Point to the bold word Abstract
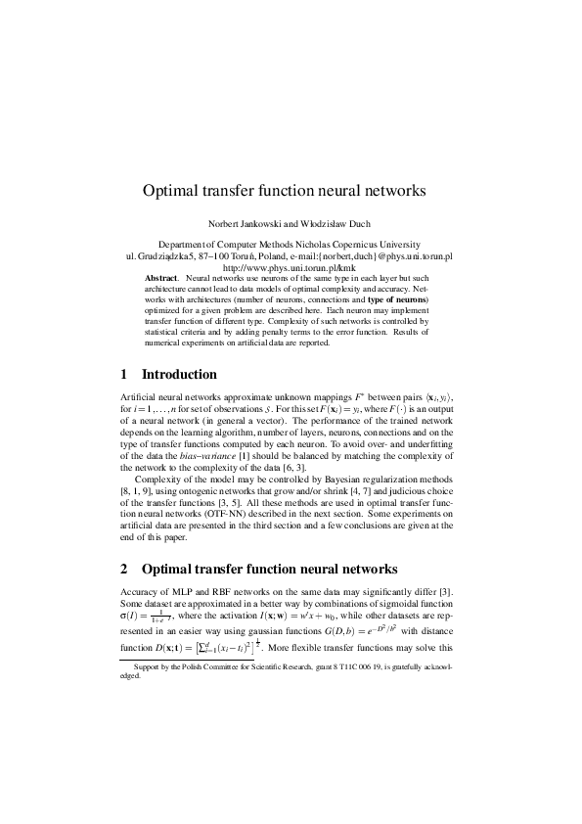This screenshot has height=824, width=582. pyautogui.click(x=161, y=278)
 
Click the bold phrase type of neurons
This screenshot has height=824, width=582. pyautogui.click(x=397, y=299)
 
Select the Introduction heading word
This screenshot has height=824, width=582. pyautogui.click(x=180, y=374)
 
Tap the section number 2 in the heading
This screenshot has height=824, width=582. pyautogui.click(x=124, y=569)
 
